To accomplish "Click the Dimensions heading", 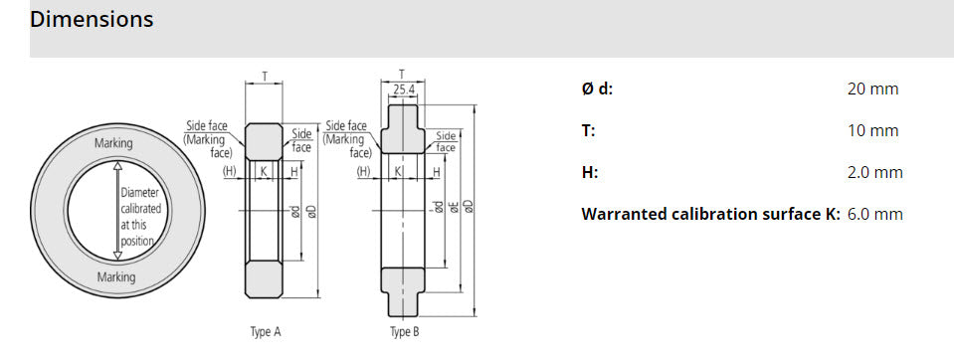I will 92,19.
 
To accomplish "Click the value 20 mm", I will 872,90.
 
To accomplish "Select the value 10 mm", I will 872,131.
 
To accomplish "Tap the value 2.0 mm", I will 874,173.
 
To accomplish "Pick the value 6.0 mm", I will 874,215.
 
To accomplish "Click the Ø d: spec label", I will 597,90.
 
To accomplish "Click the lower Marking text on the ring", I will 115,277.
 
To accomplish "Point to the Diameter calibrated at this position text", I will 140,216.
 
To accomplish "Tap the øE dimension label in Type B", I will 453,207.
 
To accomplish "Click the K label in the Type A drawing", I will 263,172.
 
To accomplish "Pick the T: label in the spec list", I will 587,131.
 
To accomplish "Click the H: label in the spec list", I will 589,173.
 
